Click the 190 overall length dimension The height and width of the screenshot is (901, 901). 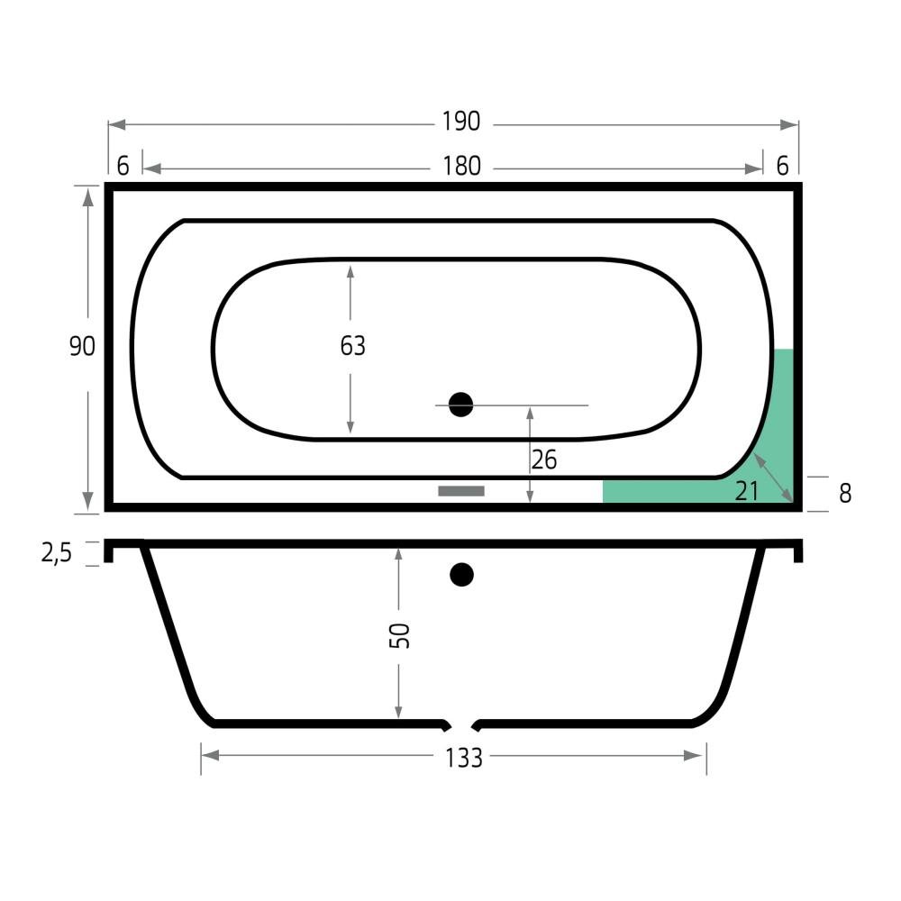pos(460,122)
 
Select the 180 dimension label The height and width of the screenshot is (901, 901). pos(461,167)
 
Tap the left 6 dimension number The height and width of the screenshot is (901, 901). pos(123,166)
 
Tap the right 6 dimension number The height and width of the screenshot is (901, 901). pos(782,166)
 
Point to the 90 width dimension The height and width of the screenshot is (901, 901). pos(82,347)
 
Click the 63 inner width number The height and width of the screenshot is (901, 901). pos(352,346)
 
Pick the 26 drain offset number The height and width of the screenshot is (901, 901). pos(543,460)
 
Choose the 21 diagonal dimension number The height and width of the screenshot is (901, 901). pos(746,491)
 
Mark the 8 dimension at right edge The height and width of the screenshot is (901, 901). pos(845,494)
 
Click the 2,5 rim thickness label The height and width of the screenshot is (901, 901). pos(56,553)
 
